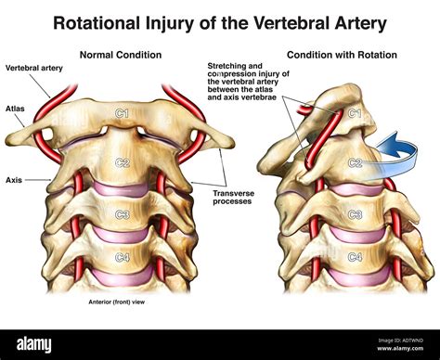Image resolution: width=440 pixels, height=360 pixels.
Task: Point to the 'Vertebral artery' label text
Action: [x=32, y=69]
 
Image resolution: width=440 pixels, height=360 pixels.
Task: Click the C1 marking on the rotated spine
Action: [x=353, y=114]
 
